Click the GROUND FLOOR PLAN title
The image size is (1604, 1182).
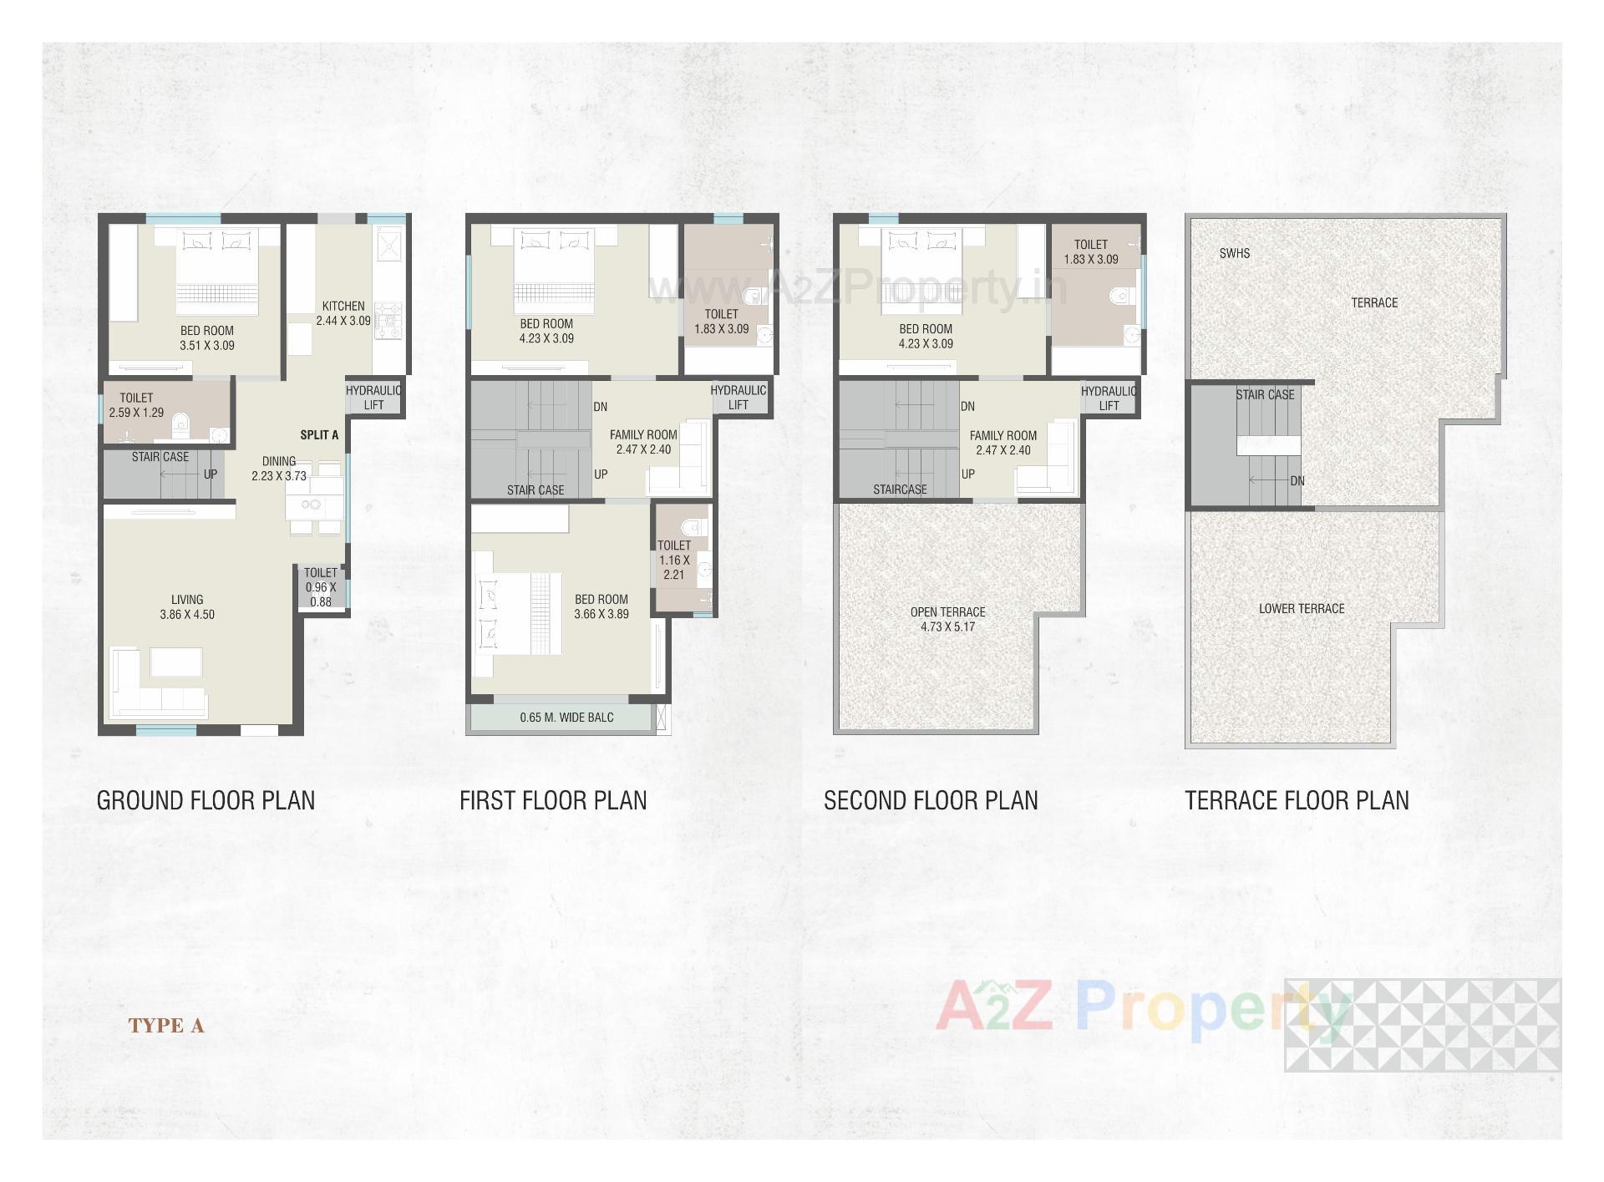pyautogui.click(x=206, y=800)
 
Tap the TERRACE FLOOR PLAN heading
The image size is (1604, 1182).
pyautogui.click(x=1297, y=800)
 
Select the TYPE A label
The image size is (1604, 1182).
pyautogui.click(x=166, y=1026)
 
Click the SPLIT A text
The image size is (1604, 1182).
pyautogui.click(x=319, y=434)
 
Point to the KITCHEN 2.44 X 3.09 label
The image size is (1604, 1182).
pyautogui.click(x=343, y=313)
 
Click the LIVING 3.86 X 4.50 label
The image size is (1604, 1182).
pyautogui.click(x=187, y=606)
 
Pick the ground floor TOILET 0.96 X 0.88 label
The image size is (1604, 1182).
pyautogui.click(x=321, y=586)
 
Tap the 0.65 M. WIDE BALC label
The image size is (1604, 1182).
pyautogui.click(x=566, y=717)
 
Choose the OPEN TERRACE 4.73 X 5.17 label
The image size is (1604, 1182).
pyautogui.click(x=948, y=619)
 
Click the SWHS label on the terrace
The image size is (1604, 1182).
pyautogui.click(x=1235, y=253)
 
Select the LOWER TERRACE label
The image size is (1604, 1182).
pyautogui.click(x=1302, y=608)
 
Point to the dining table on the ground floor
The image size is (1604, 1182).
pyautogui.click(x=313, y=505)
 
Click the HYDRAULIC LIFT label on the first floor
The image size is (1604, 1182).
pyautogui.click(x=738, y=398)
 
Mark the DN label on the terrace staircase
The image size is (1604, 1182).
pyautogui.click(x=1297, y=481)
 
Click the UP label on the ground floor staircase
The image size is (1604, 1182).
pyautogui.click(x=211, y=474)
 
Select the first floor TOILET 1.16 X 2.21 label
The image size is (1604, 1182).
pyautogui.click(x=674, y=560)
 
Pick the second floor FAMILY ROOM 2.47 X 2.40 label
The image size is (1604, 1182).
pyautogui.click(x=1002, y=443)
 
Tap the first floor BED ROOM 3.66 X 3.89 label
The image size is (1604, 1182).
pyautogui.click(x=601, y=606)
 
